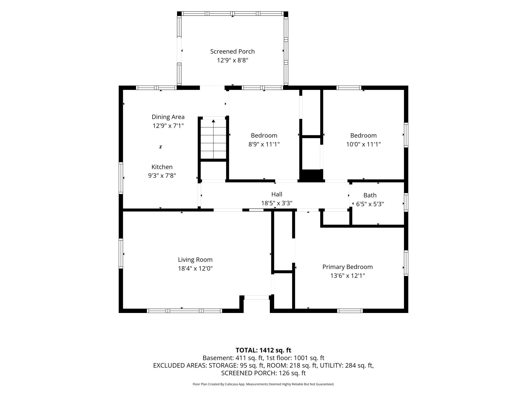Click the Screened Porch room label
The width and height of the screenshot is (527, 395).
[232, 51]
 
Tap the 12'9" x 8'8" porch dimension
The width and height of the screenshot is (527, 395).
[232, 60]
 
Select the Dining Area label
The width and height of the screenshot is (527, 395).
[168, 117]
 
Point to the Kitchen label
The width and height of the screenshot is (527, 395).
[162, 167]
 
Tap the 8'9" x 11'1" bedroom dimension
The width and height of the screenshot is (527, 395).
[264, 144]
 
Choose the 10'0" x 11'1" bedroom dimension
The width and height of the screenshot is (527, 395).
[364, 144]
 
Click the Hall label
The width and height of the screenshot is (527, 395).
[277, 194]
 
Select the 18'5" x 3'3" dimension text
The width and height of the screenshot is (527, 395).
[277, 203]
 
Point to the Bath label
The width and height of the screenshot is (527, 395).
[370, 195]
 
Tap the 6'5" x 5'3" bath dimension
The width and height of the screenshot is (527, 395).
[370, 204]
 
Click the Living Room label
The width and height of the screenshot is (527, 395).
[195, 260]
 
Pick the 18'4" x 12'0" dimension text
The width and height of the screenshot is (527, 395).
[195, 268]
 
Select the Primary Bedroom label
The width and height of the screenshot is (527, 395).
[347, 267]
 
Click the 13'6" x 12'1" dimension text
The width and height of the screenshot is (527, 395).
[347, 276]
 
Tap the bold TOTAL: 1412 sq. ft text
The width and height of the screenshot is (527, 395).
[263, 350]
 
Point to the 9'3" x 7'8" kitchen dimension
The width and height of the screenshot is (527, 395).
[162, 175]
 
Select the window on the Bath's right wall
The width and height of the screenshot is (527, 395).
[406, 202]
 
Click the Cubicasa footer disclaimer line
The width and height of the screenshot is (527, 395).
[263, 384]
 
